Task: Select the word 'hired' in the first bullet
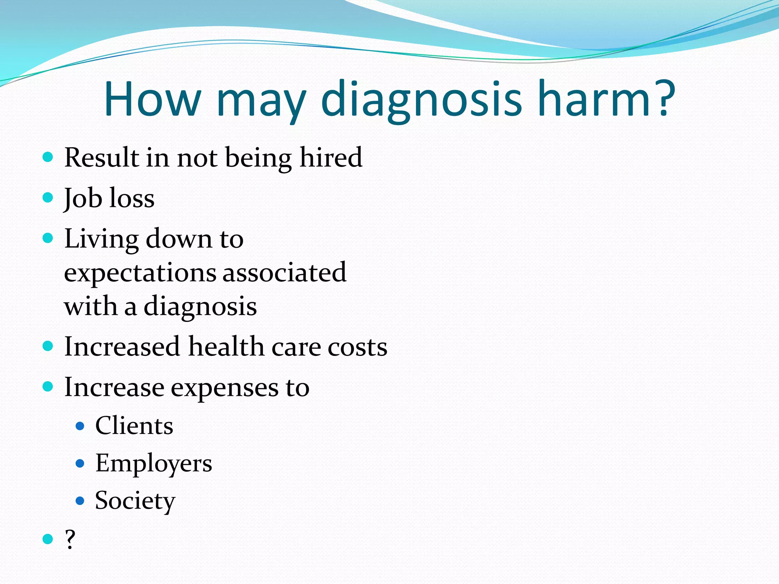pyautogui.click(x=331, y=157)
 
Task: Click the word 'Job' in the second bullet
pyautogui.click(x=83, y=198)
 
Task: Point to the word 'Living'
pyautogui.click(x=101, y=240)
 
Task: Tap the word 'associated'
pyautogui.click(x=284, y=272)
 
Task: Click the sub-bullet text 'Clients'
pyautogui.click(x=134, y=425)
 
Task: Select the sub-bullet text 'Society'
pyautogui.click(x=135, y=501)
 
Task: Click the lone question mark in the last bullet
pyautogui.click(x=70, y=539)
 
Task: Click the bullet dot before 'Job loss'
pyautogui.click(x=48, y=197)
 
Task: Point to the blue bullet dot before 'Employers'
pyautogui.click(x=80, y=463)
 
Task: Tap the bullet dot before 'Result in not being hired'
pyautogui.click(x=48, y=157)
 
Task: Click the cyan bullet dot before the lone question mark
pyautogui.click(x=48, y=539)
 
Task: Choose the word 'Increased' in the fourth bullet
pyautogui.click(x=122, y=347)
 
